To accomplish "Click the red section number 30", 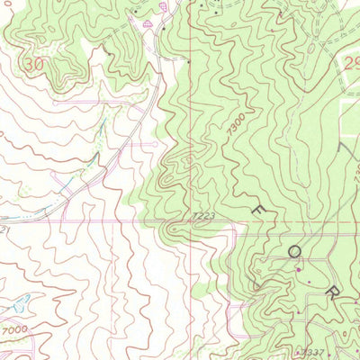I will [35, 65].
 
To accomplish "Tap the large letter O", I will [294, 254].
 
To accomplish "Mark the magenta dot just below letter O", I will [299, 268].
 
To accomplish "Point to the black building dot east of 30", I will [109, 55].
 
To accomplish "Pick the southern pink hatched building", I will [148, 26].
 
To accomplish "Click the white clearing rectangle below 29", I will [351, 112].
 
